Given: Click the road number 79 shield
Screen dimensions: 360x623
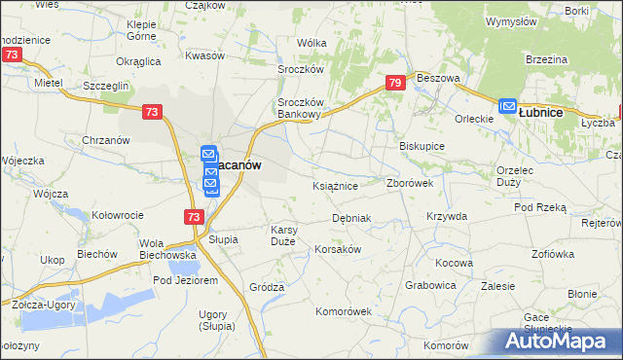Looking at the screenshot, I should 394,85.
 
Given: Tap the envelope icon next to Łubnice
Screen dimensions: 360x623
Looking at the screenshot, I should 507,107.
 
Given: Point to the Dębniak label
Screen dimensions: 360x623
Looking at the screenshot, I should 351,218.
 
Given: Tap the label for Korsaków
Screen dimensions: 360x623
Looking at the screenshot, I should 338,249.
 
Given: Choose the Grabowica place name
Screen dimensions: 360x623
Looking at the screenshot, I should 430,286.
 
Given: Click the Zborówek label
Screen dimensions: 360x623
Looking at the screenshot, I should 416,183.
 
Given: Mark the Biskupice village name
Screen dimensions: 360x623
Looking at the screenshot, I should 422,146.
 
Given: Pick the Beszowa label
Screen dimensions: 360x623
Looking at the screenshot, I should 436,77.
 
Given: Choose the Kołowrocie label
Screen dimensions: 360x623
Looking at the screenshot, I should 118,215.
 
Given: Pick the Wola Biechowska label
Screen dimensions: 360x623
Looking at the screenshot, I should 168,249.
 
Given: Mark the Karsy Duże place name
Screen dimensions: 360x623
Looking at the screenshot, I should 290,235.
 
